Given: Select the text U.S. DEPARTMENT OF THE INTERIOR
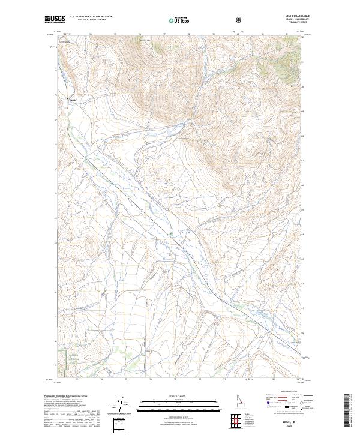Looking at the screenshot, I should tap(90, 16).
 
